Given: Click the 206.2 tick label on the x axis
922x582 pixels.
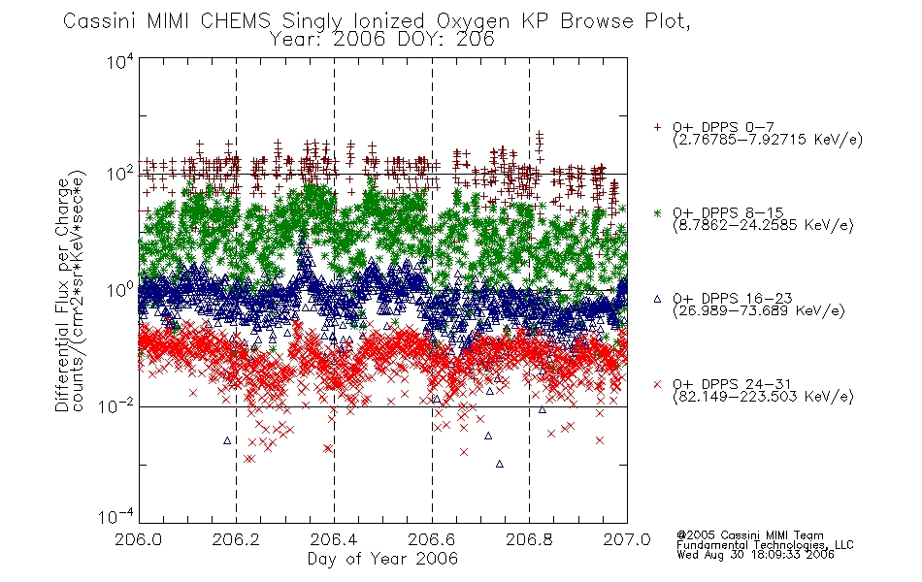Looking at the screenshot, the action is pos(237,539).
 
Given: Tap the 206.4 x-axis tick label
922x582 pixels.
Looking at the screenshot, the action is pos(334,539).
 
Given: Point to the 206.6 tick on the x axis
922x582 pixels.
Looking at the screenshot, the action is pos(432,539).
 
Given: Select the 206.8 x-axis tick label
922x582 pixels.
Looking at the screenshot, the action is pos(529,539).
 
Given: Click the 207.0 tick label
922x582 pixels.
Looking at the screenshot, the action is pos(627,539).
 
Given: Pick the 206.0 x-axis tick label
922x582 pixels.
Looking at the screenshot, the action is pos(138,539).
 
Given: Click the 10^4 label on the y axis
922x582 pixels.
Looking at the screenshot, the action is pos(120,61).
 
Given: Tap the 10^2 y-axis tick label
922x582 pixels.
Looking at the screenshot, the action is pos(120,174).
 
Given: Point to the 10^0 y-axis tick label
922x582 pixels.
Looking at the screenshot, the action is pos(120,290).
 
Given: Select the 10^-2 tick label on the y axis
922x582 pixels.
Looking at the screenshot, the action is pos(116,405).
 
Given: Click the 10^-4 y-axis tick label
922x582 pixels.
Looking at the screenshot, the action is pos(116,516).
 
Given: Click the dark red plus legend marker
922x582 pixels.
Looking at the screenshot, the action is pos(657,127).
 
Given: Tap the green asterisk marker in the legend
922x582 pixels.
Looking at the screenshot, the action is pos(657,212).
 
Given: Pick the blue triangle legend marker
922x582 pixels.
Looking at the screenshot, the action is pos(657,299).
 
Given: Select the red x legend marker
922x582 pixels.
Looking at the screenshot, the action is pos(657,384).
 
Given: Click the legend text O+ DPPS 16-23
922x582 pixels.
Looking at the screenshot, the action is pos(733,298).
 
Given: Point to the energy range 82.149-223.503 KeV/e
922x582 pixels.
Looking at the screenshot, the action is pos(763,397).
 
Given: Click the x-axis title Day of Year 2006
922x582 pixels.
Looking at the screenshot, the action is pos(382,559).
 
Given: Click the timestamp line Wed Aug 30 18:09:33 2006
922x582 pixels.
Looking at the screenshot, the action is pos(755,555).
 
